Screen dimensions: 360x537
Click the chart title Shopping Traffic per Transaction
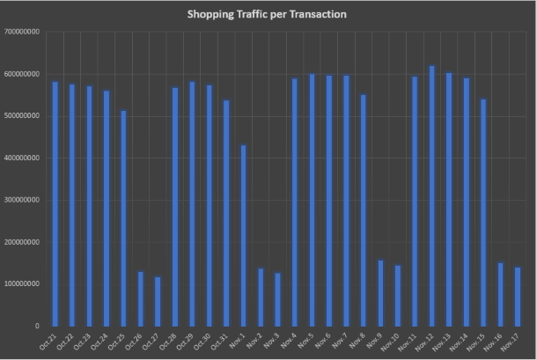(x=268, y=15)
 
